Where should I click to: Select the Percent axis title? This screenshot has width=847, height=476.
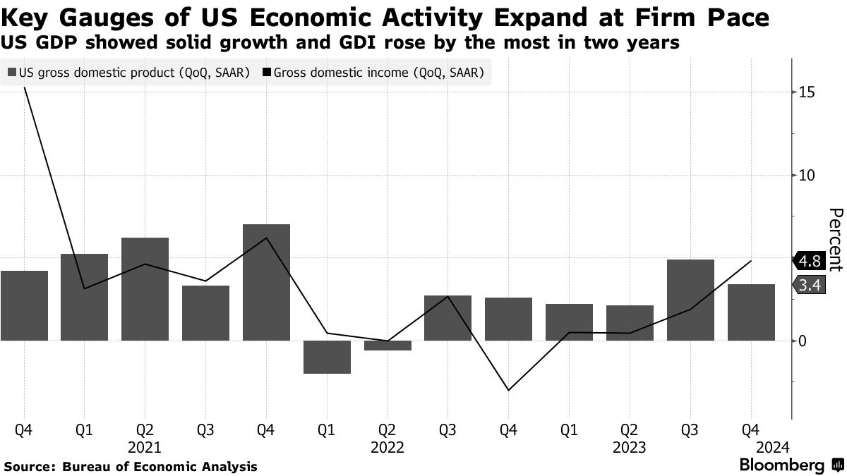coord(835,240)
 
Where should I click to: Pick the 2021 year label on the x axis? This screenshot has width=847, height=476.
coord(145,447)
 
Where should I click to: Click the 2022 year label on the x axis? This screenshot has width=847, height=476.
coord(387,447)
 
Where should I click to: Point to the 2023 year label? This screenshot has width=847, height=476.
coord(629,447)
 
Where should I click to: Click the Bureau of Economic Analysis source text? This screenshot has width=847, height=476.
coord(160,466)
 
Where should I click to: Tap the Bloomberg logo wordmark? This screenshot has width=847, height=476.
coord(781,465)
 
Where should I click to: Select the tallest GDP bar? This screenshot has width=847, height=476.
coord(266,282)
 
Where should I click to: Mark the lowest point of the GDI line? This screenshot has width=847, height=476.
coord(508,390)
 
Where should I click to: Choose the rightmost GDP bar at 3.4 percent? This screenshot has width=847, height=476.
coord(751,312)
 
